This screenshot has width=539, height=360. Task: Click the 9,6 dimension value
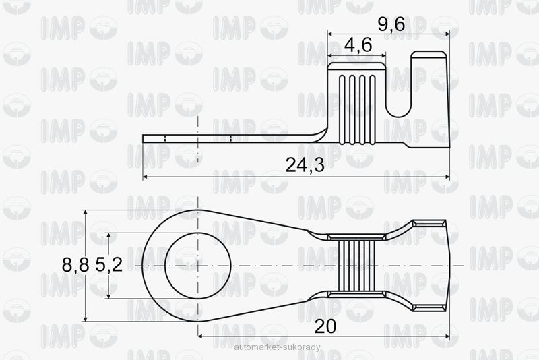click(x=391, y=24)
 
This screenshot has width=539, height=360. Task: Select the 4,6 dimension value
click(x=358, y=44)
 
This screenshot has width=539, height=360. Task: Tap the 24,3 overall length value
click(x=305, y=165)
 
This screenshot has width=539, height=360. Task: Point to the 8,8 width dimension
click(x=75, y=265)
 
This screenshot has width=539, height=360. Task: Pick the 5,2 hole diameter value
click(x=108, y=265)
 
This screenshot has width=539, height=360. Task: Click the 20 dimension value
click(x=325, y=326)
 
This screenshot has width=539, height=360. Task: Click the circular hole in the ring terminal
click(x=198, y=266)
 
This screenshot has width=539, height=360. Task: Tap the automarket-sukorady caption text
click(x=277, y=347)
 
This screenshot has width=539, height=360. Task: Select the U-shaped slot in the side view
click(x=399, y=90)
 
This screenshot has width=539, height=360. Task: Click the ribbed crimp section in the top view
click(x=356, y=266)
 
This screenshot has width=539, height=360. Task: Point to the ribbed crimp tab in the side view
click(x=356, y=103)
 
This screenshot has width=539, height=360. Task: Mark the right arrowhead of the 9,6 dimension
click(x=447, y=34)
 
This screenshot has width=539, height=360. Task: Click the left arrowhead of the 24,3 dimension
click(x=146, y=177)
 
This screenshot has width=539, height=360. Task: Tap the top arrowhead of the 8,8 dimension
click(x=86, y=213)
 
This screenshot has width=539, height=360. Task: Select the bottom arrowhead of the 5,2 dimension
click(x=108, y=295)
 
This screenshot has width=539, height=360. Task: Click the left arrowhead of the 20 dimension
click(x=201, y=336)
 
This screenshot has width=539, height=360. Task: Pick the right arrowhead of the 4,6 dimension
click(x=383, y=55)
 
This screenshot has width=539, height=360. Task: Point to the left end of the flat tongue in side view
click(x=143, y=139)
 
